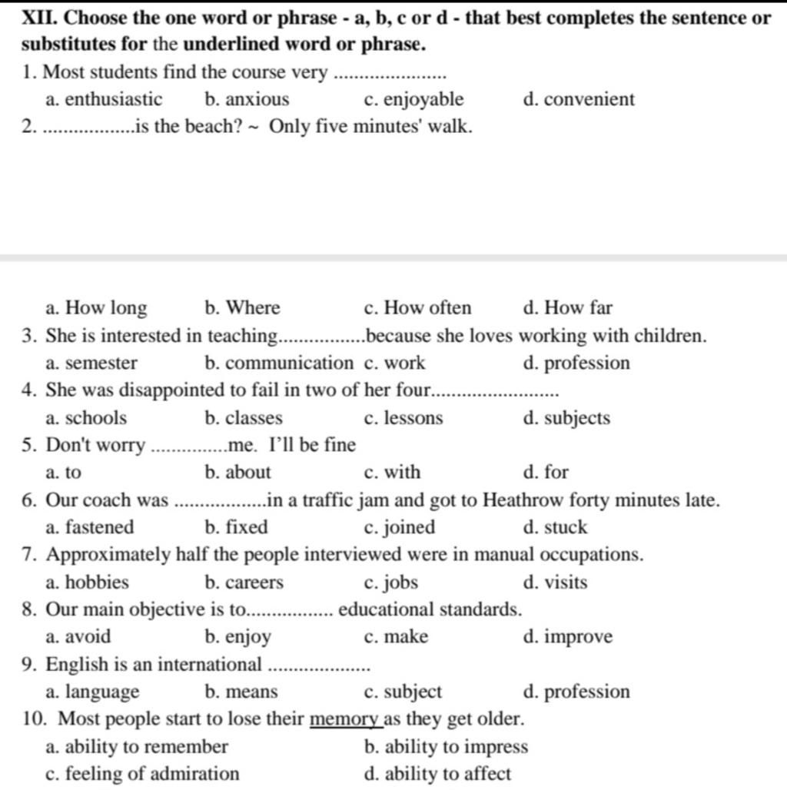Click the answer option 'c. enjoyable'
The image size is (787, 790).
coord(413,100)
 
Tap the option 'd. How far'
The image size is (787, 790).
coord(567,309)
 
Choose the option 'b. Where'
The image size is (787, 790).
coord(243,309)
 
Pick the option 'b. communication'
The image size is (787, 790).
coord(279,363)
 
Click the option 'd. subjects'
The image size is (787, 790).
coord(566,419)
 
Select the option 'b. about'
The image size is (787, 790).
coord(238,473)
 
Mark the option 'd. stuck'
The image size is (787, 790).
coord(555,528)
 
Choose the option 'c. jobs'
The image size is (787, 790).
coord(391,583)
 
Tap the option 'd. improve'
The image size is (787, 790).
coord(568,638)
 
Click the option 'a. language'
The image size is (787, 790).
coord(93,692)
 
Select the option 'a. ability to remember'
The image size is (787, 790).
coord(137,747)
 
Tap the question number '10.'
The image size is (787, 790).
coord(36,720)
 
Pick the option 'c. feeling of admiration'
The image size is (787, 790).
coord(142,774)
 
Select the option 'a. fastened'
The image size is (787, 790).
coord(90,528)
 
